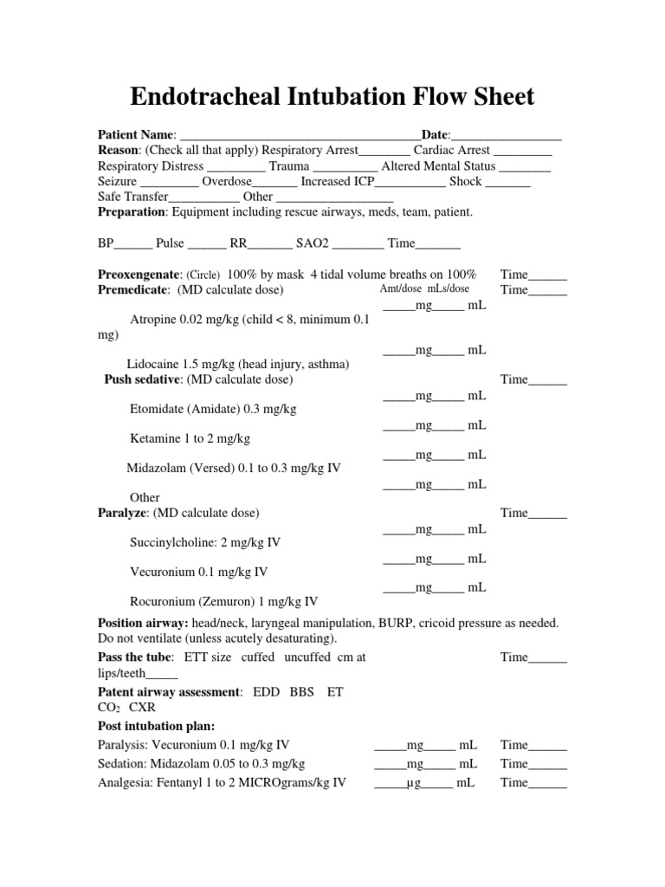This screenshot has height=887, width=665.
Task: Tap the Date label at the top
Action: pos(435,136)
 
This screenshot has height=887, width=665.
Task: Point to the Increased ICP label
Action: pos(339,182)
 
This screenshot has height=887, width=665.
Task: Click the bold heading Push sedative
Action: pos(143,379)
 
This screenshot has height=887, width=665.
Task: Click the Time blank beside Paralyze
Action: pos(547,514)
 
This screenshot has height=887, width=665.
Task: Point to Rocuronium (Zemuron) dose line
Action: pos(223,601)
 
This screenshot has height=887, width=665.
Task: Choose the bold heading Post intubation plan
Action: pos(157,726)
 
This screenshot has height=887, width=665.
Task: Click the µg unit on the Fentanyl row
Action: pos(414,783)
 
